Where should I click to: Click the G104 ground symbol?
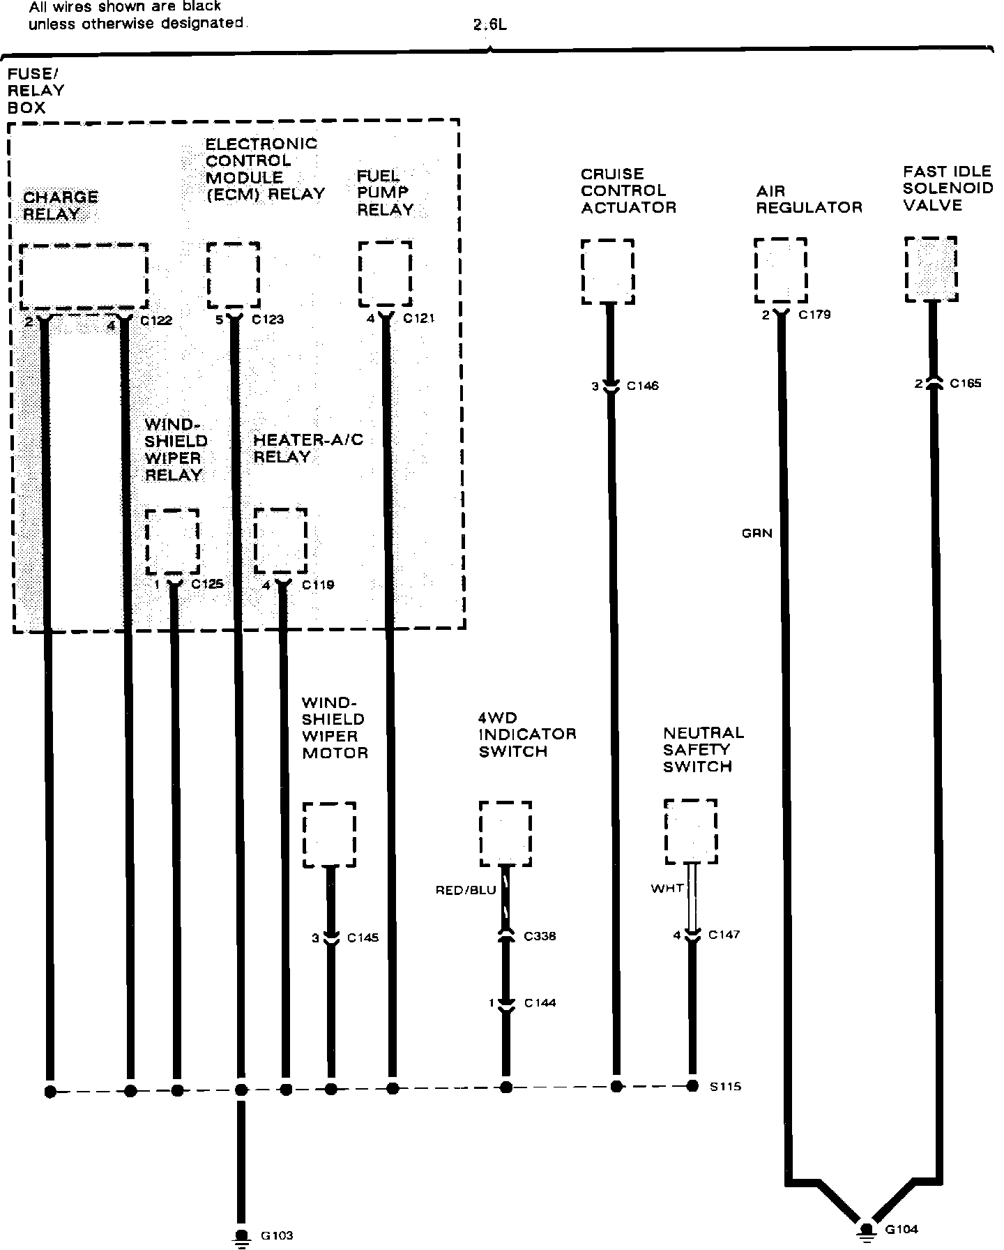coord(867,1230)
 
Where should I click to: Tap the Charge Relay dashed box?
coord(84,276)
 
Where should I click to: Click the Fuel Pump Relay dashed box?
coord(385,273)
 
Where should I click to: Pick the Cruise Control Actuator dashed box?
coord(607,271)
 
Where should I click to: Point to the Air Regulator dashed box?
coord(780,270)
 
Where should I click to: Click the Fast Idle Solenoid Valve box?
coord(931,269)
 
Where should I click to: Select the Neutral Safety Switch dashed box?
coord(691,831)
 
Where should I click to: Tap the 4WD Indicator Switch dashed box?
coord(505,834)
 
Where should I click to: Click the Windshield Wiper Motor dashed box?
coord(329,834)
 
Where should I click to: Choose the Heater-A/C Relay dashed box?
coord(280,541)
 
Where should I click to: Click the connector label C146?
coord(642,386)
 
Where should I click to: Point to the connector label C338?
coord(540,936)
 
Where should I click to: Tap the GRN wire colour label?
coord(756,534)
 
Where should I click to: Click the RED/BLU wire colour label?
coord(465,890)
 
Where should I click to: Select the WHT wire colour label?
coord(667,889)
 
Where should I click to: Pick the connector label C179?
coord(814,315)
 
